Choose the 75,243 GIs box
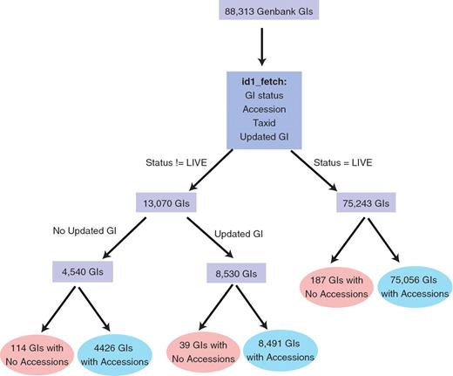coord(365,203)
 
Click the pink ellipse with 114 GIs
coord(37,351)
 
